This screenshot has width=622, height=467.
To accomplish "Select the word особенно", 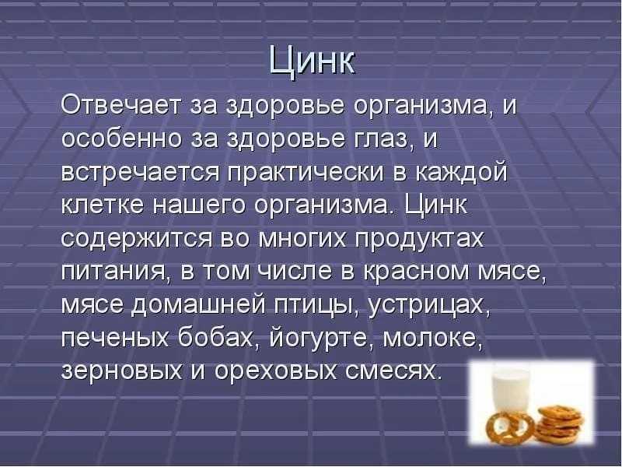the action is tap(121, 139).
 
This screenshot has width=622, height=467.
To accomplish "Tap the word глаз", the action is tap(382, 140).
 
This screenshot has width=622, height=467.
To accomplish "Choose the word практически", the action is tap(306, 173).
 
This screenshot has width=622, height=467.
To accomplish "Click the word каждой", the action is tap(461, 173).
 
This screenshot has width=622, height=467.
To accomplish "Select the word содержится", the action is tap(137, 239).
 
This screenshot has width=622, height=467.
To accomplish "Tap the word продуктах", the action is tap(419, 239).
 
